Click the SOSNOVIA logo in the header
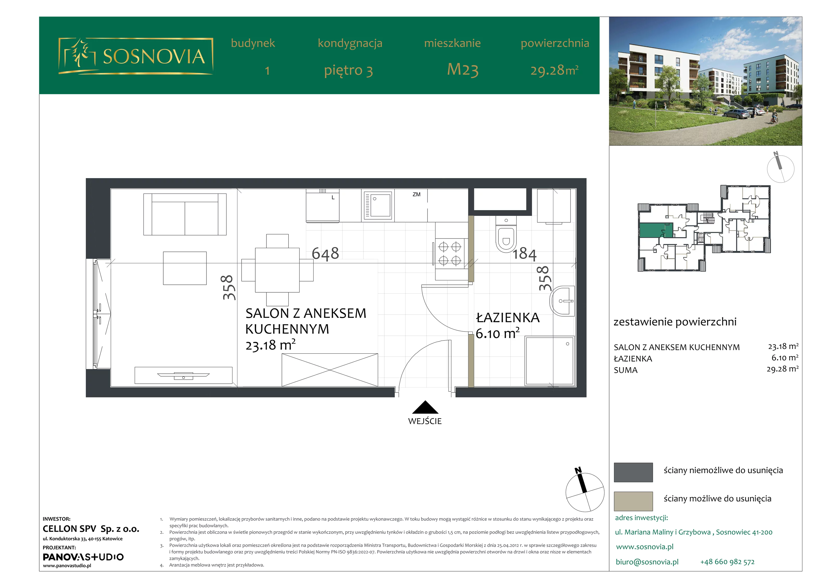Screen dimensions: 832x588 tap(135, 56)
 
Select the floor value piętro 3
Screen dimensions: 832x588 tap(348, 70)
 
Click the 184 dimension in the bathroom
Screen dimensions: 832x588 tap(524, 254)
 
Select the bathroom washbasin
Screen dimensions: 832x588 tap(562, 301)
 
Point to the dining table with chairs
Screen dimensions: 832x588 tap(277, 270)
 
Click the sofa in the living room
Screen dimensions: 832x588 tap(185, 214)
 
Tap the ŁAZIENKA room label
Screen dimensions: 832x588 tap(508, 317)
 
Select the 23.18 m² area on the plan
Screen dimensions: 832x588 tap(270, 345)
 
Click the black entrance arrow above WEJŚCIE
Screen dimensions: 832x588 tap(425, 408)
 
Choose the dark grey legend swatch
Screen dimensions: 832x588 tap(633, 472)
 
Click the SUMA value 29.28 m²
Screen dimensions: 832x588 tap(782, 369)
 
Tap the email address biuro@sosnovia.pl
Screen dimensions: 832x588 tap(647, 562)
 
